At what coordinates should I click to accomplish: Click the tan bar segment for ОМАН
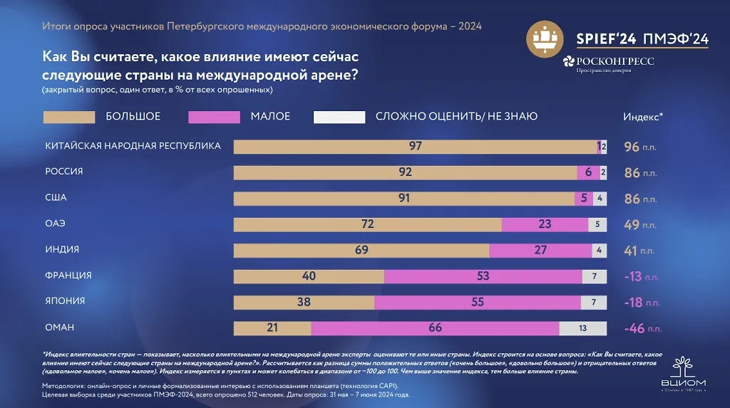pos(272,328)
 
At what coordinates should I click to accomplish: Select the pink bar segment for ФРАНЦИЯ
pos(483,276)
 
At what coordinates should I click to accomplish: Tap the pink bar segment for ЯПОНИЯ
pos(478,302)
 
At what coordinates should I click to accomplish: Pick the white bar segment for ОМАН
pos(582,328)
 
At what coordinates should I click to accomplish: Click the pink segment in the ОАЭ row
pos(545,224)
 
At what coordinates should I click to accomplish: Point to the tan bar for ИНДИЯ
pos(361,250)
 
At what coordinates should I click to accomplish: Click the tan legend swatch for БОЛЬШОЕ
pos(69,117)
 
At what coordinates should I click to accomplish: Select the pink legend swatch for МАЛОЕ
pos(214,117)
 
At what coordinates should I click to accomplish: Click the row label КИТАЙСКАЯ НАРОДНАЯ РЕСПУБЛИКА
pos(133,146)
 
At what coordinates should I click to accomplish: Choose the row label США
pos(56,197)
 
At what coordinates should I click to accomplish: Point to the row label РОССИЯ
pos(64,172)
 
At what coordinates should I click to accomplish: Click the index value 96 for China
pos(632,147)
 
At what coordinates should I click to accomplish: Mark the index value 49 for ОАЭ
pos(632,225)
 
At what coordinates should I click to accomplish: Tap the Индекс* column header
pos(643,117)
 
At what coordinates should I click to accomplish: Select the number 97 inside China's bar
pos(416,147)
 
